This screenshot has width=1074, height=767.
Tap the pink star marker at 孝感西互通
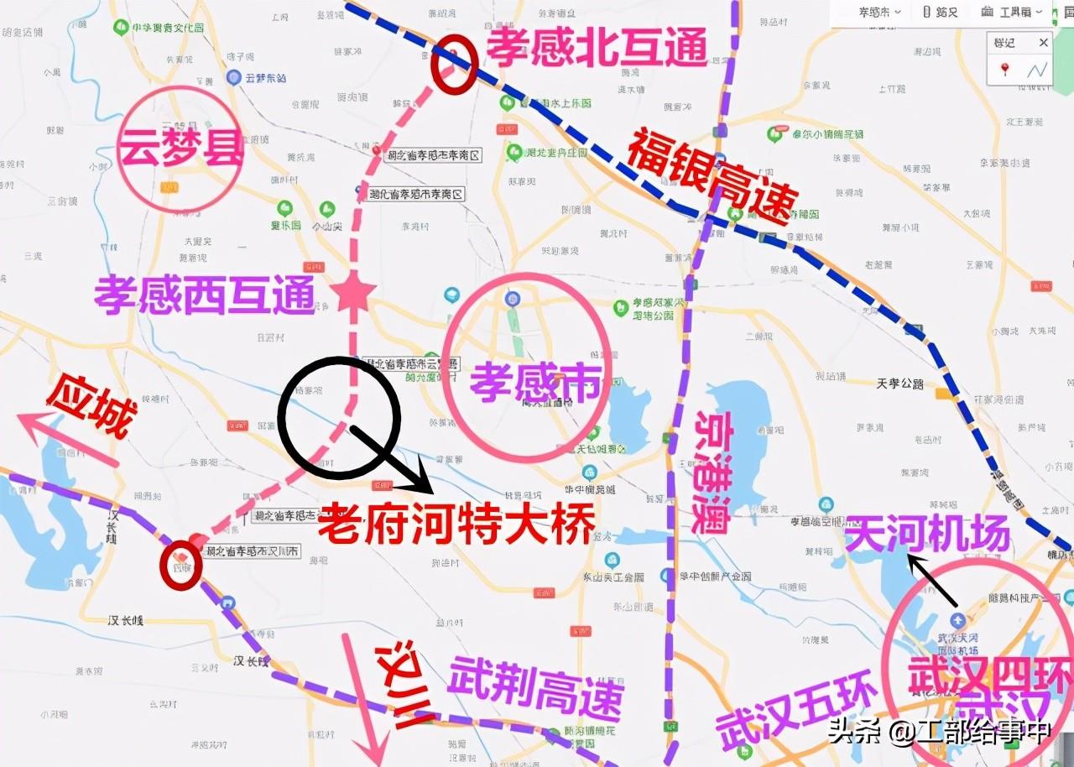click(353, 293)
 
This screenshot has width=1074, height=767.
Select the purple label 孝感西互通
click(205, 295)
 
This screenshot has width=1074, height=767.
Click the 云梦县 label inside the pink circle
click(180, 149)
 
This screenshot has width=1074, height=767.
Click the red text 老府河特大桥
click(456, 522)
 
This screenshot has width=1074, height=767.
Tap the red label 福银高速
click(712, 176)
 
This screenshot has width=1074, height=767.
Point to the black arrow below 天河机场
click(932, 579)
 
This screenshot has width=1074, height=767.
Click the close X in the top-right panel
click(1044, 42)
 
